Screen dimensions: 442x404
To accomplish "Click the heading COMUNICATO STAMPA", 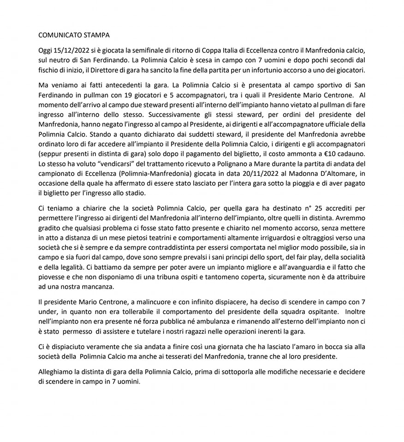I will pyautogui.click(x=74, y=34).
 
